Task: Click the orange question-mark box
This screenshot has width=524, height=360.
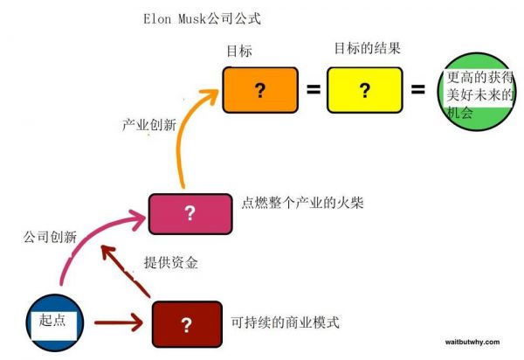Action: point(259,89)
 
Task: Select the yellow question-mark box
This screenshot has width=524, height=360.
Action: point(364,89)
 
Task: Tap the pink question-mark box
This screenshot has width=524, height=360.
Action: point(190,214)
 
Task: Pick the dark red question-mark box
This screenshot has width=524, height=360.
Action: point(185,324)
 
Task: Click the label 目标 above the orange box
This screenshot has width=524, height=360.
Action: point(238,52)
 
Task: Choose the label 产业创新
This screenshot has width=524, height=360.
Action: point(148,124)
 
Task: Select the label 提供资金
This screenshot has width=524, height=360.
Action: point(170,262)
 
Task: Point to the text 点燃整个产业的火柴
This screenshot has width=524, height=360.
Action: point(301,204)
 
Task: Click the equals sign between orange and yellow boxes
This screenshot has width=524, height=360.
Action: point(313,89)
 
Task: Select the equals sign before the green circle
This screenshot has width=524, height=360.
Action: point(418,89)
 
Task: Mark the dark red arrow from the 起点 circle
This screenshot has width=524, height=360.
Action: point(114,323)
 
